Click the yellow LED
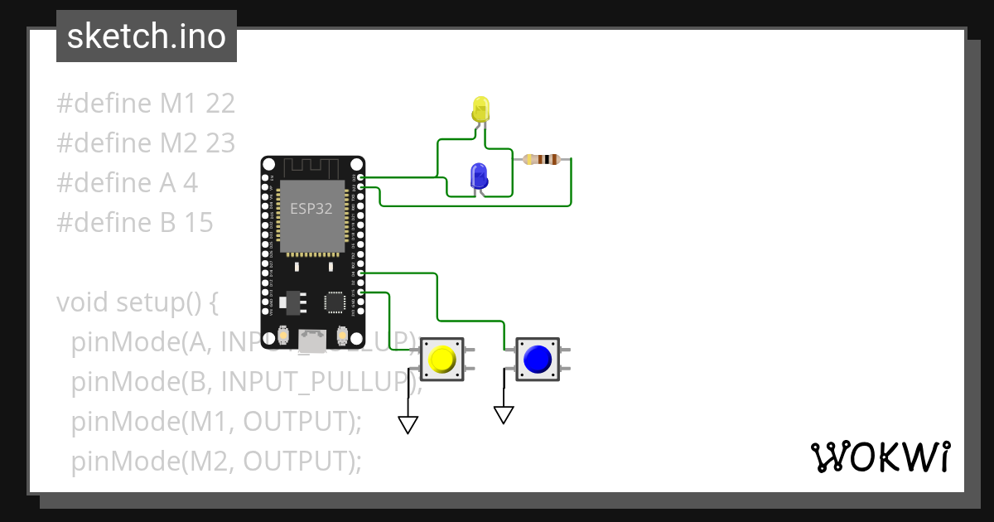[480, 109]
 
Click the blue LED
[478, 176]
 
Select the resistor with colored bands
[543, 159]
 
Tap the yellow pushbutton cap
[442, 360]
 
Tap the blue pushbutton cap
[537, 359]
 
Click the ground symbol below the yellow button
[408, 424]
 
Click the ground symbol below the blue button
[504, 414]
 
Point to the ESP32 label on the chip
[311, 209]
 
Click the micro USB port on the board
[312, 339]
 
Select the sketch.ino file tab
[147, 36]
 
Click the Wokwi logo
[879, 457]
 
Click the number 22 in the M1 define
[220, 104]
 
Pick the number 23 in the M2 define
[220, 143]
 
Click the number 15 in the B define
[197, 223]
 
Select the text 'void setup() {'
[137, 302]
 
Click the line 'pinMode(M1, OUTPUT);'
[216, 422]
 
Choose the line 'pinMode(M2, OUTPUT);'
[216, 462]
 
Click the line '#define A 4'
[127, 183]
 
